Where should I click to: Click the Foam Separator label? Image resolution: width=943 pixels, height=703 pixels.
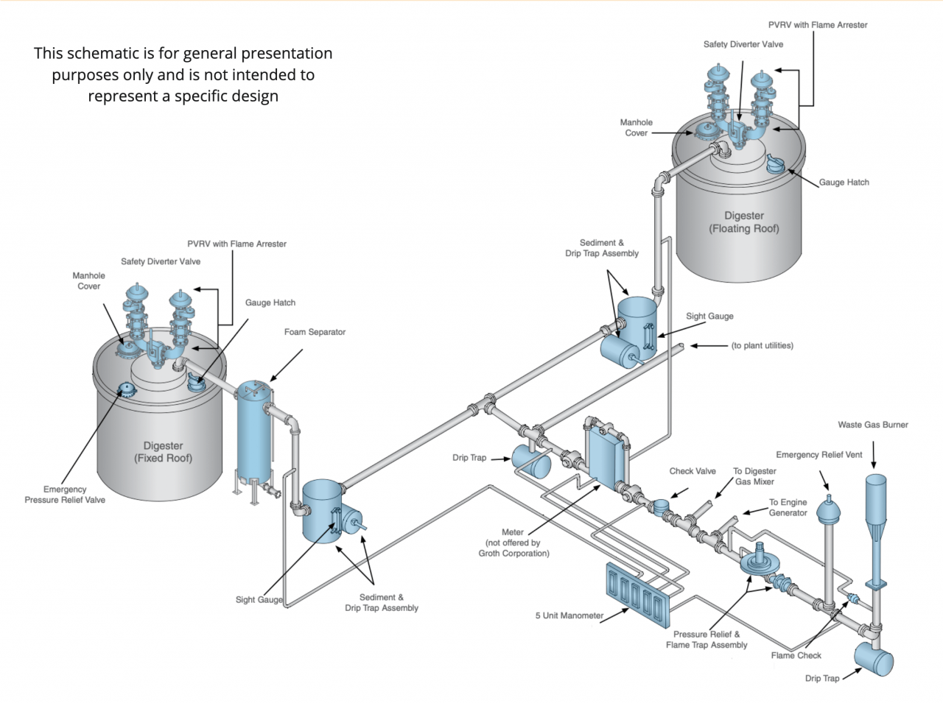315,332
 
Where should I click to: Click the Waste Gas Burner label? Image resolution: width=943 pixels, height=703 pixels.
872,425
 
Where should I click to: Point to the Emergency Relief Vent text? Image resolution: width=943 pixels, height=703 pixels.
818,455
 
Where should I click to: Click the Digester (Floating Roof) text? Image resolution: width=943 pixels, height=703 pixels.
744,222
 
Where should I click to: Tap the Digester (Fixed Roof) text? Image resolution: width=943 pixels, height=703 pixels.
163,452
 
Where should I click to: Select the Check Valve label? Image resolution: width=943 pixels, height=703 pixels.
692,471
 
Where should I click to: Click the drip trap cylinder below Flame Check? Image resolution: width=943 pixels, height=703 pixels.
874,659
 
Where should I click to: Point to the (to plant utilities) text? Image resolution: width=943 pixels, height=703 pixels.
762,345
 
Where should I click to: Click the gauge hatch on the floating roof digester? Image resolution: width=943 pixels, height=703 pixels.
775,164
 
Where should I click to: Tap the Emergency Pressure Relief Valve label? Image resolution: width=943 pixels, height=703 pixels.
65,495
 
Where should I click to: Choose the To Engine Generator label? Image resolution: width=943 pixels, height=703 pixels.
788,507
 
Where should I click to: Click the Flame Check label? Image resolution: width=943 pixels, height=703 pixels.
796,655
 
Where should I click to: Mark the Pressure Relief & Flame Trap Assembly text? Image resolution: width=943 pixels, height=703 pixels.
706,640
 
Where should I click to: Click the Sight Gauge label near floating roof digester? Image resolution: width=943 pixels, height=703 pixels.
709,317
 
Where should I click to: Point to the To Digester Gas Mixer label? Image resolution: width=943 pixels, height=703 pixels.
754,476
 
